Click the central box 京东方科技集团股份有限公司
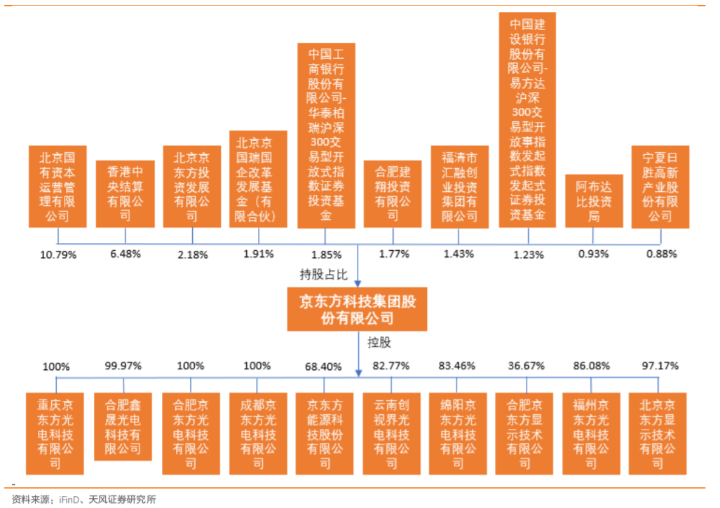[358, 310]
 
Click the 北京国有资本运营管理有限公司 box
[57, 186]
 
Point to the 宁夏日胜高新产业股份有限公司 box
[660, 186]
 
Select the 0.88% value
[660, 254]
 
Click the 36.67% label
[525, 366]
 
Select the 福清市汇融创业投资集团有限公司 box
[459, 186]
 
